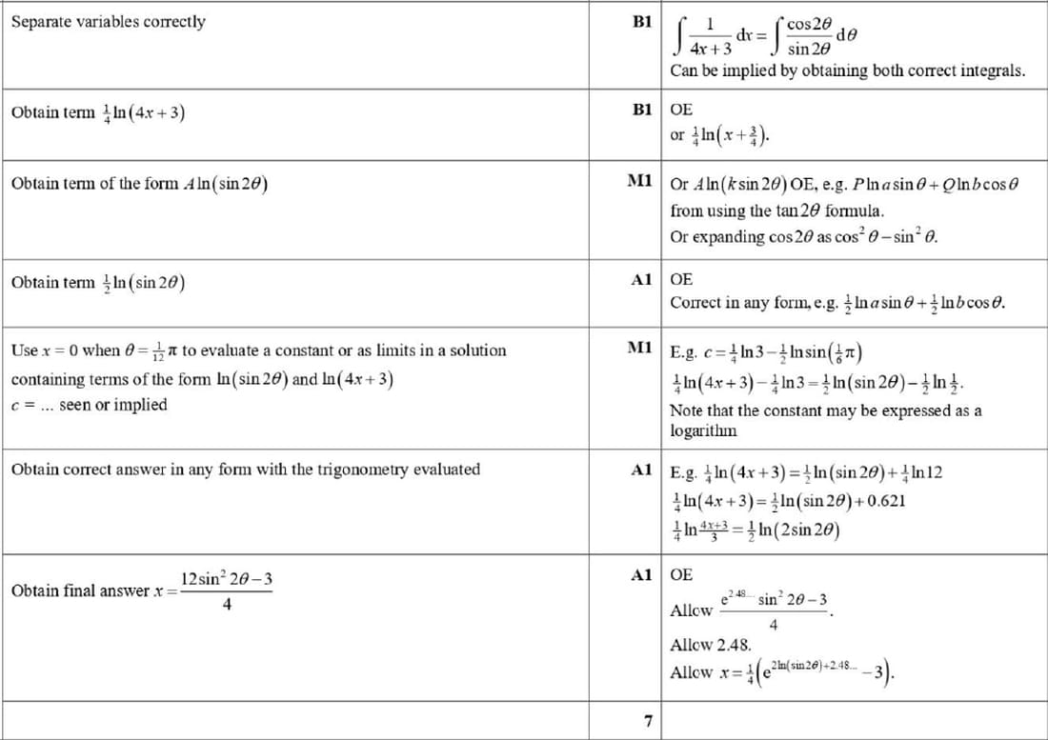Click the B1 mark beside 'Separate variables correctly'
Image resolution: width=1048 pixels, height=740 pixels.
(x=641, y=21)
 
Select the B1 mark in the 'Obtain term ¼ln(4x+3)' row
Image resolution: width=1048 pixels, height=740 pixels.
(x=641, y=110)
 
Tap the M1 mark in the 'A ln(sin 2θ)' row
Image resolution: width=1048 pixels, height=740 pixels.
(x=639, y=181)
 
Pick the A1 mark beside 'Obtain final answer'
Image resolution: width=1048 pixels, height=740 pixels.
(x=641, y=575)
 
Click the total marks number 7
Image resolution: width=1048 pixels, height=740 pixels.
(x=647, y=721)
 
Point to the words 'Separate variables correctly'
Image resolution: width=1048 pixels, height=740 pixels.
(x=108, y=21)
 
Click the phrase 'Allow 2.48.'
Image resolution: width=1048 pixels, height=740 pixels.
(x=712, y=645)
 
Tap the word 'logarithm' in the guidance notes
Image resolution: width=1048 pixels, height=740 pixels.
(x=704, y=430)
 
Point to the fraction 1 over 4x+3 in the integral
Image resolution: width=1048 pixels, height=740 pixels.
(x=711, y=36)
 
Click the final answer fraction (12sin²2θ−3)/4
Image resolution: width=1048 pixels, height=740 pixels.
(x=228, y=590)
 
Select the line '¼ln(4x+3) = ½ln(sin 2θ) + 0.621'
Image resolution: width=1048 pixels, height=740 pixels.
(x=788, y=502)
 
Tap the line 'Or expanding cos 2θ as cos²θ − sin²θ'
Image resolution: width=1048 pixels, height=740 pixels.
(x=805, y=236)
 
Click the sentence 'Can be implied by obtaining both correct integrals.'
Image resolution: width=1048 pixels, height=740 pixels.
(x=847, y=70)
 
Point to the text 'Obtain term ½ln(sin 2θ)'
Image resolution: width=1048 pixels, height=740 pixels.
(x=98, y=283)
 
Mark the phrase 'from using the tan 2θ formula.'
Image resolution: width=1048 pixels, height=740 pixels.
(x=777, y=210)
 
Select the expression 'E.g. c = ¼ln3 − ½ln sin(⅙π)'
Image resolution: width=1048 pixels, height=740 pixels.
(x=767, y=350)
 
